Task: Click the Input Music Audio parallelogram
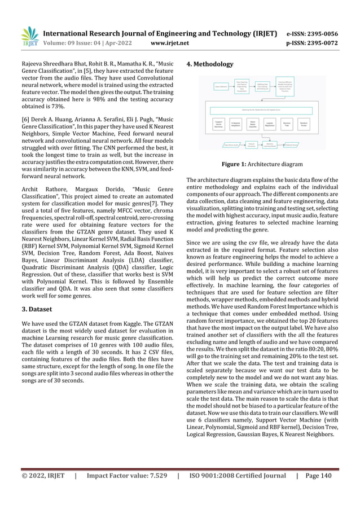pyautogui.click(x=218, y=145)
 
